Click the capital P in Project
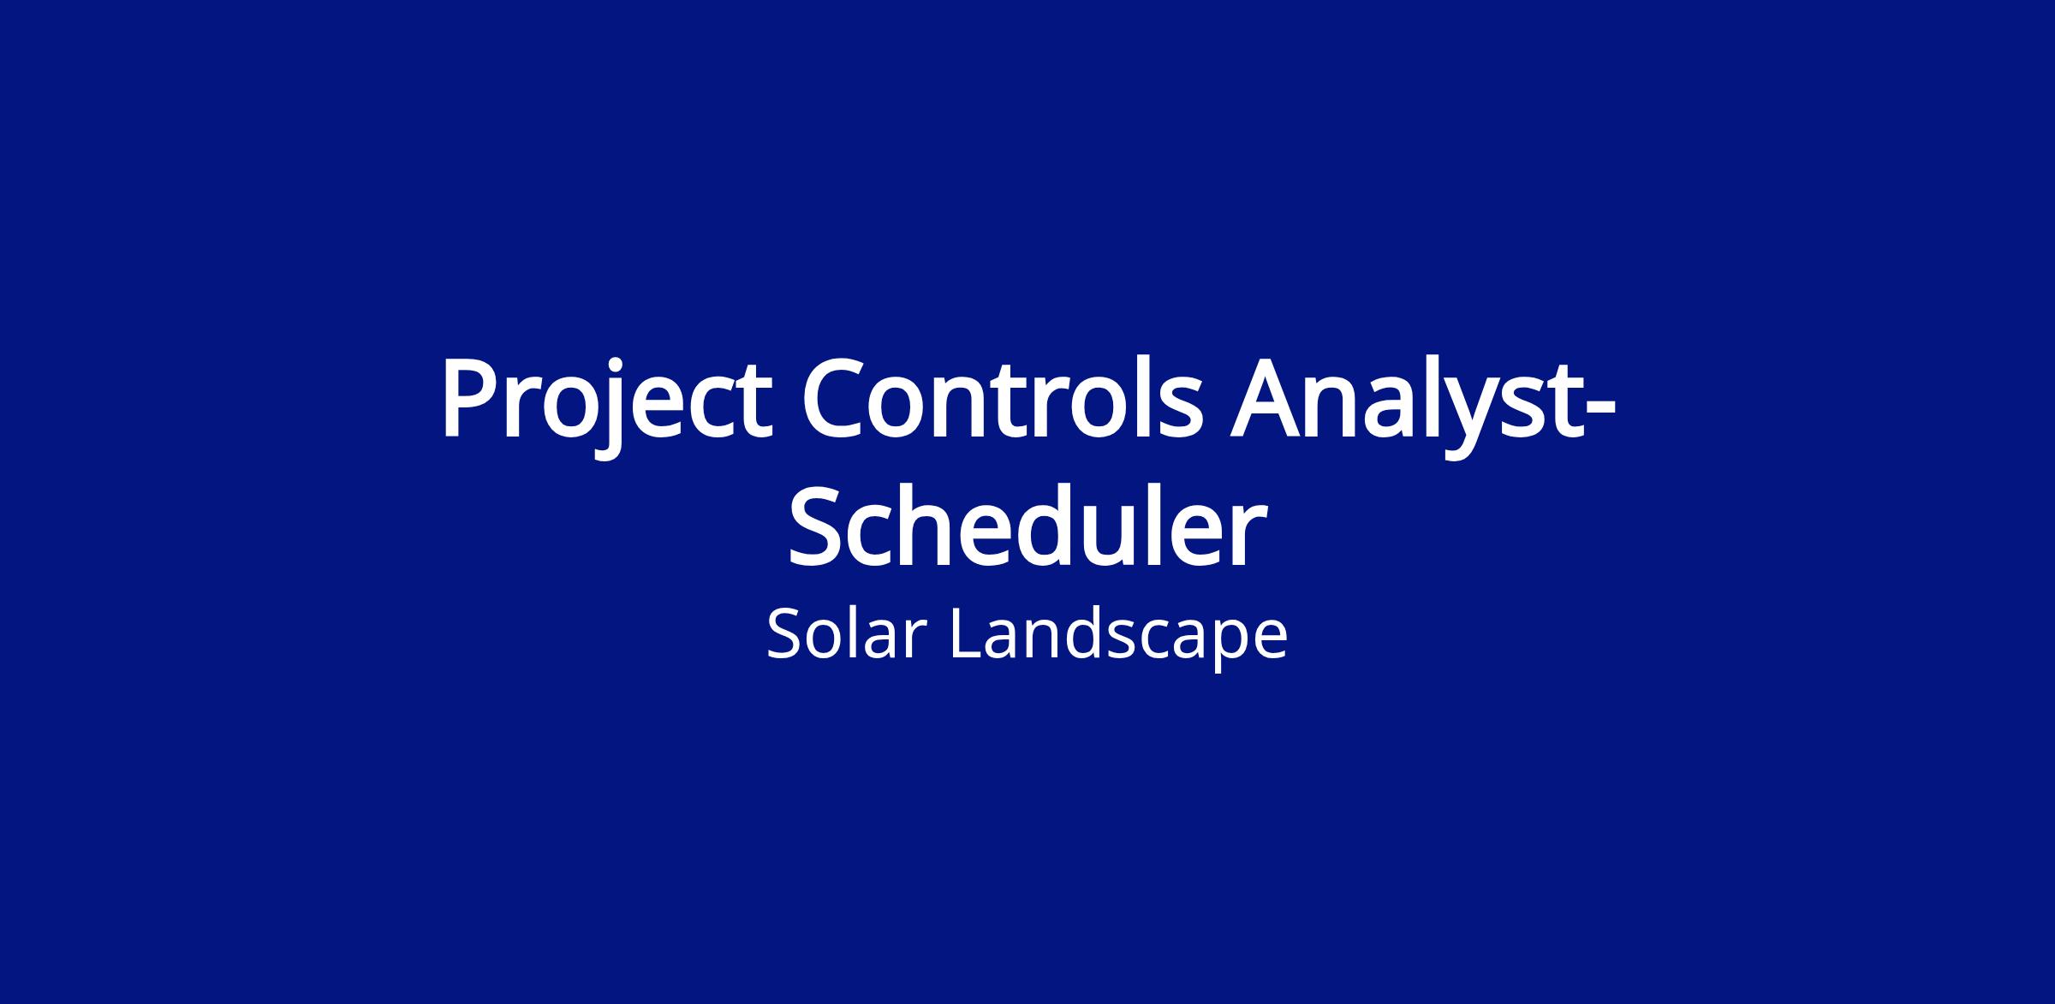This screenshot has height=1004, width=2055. pos(471,395)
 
